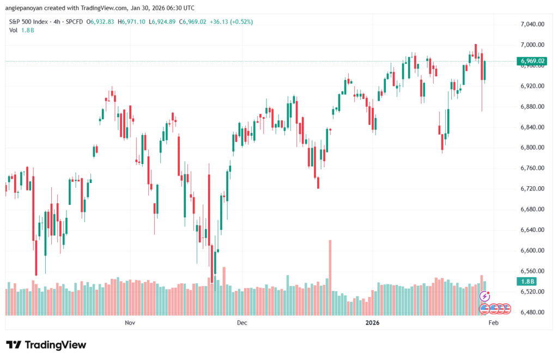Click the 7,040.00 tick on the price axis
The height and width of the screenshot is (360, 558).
tap(532, 24)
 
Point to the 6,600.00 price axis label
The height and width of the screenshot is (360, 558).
tap(532, 251)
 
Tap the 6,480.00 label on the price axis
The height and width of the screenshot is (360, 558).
tap(532, 312)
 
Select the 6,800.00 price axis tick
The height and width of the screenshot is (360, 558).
tap(532, 148)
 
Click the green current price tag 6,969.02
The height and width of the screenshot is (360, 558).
tap(533, 61)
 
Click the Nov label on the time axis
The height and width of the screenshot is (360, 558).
tap(130, 322)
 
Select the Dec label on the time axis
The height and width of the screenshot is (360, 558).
tap(242, 322)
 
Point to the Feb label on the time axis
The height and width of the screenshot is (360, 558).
tap(494, 322)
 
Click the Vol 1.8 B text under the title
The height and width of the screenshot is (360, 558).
tap(22, 30)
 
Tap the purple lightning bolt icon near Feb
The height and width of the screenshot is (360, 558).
tap(484, 297)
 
